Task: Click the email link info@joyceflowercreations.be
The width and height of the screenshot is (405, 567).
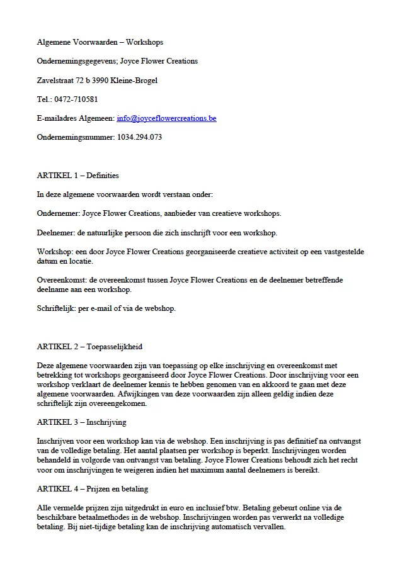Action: [166, 118]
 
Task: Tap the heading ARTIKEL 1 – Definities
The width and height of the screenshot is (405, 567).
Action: [78, 176]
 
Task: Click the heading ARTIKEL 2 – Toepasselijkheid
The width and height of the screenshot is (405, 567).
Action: [89, 347]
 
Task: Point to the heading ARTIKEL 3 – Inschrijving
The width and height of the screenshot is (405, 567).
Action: [82, 422]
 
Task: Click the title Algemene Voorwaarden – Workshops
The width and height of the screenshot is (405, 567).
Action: [100, 42]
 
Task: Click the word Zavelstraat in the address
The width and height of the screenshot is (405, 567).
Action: [54, 81]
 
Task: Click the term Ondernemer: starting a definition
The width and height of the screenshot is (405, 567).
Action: [58, 213]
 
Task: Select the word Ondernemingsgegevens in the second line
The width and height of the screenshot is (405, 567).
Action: [75, 61]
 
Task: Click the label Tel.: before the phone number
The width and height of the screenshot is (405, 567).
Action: [45, 99]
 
